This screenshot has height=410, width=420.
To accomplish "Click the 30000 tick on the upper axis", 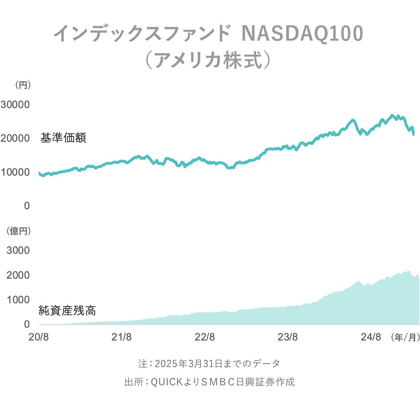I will pyautogui.click(x=15, y=104).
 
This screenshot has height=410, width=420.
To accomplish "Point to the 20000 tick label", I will pyautogui.click(x=15, y=138).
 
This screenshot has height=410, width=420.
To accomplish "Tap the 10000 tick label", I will pyautogui.click(x=15, y=172).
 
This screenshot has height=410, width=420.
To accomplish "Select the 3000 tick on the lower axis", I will pyautogui.click(x=18, y=250).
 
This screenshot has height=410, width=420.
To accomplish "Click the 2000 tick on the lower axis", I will pyautogui.click(x=18, y=275).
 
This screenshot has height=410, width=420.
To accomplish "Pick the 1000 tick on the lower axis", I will pyautogui.click(x=18, y=300).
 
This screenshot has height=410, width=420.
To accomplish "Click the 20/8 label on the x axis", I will pyautogui.click(x=38, y=337).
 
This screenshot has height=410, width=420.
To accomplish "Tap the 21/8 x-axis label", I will pyautogui.click(x=121, y=337).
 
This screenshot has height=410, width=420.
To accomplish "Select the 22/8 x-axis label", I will pyautogui.click(x=205, y=337).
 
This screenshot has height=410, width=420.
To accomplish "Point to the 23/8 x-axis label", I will pyautogui.click(x=288, y=337).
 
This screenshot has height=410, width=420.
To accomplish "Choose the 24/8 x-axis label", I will pyautogui.click(x=371, y=337).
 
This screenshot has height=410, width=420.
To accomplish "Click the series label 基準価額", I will pyautogui.click(x=63, y=138).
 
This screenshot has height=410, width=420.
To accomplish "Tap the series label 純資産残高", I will pyautogui.click(x=67, y=310).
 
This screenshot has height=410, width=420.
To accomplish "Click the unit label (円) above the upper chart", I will pyautogui.click(x=23, y=85).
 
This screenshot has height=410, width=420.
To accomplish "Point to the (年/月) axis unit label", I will pyautogui.click(x=405, y=337).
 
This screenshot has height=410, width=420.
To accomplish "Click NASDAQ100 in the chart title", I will pyautogui.click(x=302, y=34).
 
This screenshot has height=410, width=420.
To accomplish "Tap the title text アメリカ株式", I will pyautogui.click(x=208, y=60).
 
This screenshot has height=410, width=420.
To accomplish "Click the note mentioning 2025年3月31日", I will pyautogui.click(x=209, y=364).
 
